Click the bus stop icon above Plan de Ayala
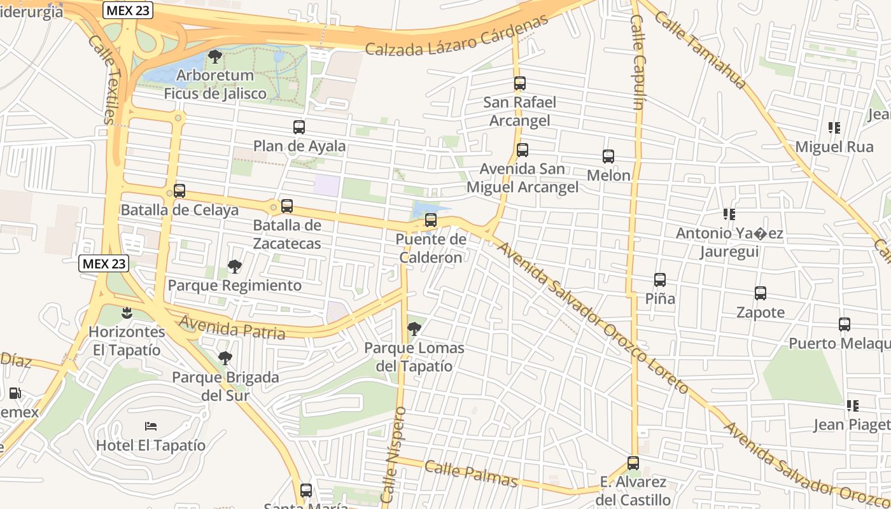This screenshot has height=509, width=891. (x=299, y=127)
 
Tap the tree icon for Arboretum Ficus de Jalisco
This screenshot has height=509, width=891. (x=215, y=57)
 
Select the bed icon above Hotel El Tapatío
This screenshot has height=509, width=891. (x=151, y=426)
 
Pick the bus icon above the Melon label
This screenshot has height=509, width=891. (x=608, y=157)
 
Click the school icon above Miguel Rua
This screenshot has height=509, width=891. (x=834, y=128)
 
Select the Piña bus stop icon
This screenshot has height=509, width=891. (x=660, y=280)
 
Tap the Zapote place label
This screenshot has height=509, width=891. (x=761, y=312)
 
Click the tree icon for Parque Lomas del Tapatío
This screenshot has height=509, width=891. (x=414, y=329)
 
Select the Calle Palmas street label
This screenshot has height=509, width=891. (x=470, y=473)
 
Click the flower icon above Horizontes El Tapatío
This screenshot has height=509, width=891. (x=127, y=312)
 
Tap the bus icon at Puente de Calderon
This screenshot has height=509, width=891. (x=431, y=221)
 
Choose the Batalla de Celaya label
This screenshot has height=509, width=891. (x=179, y=210)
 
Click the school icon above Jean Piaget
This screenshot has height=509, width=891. (x=853, y=405)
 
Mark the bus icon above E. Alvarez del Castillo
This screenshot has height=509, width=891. (x=633, y=463)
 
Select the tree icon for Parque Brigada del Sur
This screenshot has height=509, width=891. (x=225, y=358)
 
